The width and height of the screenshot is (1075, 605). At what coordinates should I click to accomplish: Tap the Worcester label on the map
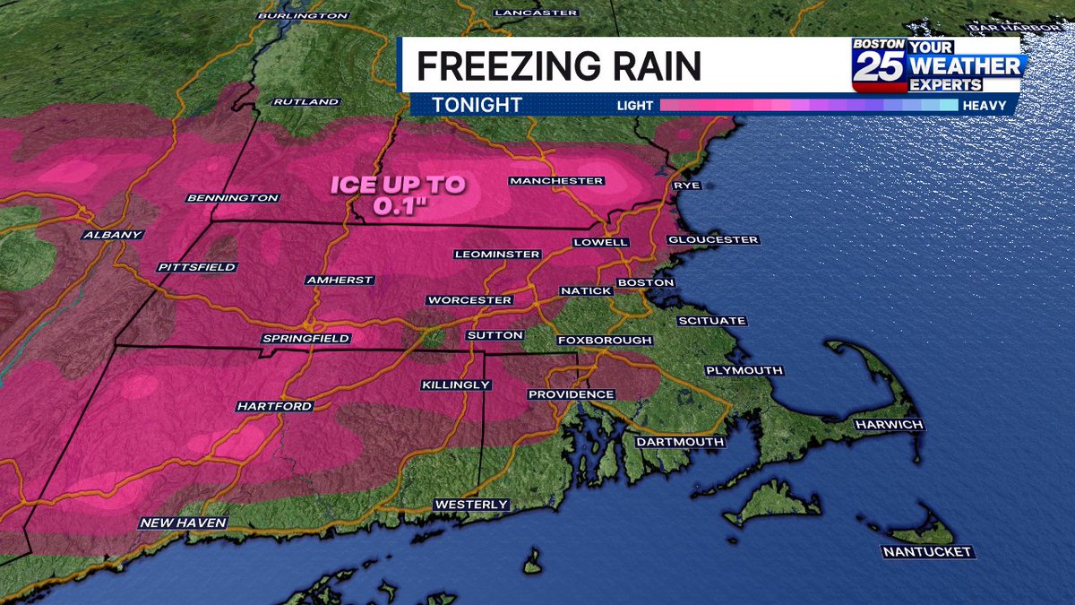click(469, 299)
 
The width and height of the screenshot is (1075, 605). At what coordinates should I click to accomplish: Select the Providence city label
click(571, 394)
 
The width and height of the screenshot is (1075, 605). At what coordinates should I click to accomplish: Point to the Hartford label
click(274, 406)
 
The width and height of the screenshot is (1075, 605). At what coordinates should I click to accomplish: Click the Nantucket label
click(927, 551)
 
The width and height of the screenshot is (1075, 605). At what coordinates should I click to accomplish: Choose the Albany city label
click(112, 235)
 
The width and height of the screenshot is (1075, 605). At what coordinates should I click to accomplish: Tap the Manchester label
click(555, 181)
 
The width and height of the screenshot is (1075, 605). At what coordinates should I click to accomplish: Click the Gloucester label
click(713, 239)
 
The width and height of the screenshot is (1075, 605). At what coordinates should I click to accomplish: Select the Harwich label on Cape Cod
click(888, 424)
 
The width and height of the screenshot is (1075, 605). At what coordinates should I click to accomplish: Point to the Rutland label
click(306, 102)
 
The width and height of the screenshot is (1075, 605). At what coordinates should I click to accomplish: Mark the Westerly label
click(471, 505)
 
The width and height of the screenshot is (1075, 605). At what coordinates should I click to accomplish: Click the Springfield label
click(305, 339)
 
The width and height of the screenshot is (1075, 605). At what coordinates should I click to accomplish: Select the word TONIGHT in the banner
click(477, 105)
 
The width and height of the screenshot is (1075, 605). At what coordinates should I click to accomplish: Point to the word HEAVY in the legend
click(985, 106)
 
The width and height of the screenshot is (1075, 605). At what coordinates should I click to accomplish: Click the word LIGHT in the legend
click(635, 106)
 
